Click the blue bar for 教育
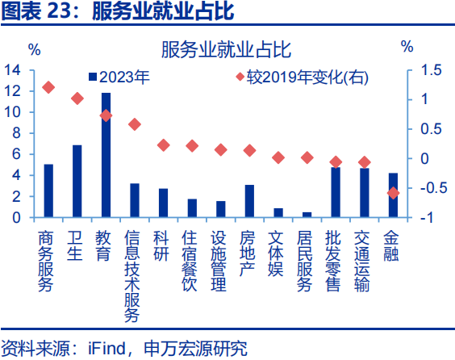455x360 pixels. (106, 155)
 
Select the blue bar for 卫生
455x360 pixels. (77, 181)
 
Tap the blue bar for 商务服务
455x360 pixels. (48, 190)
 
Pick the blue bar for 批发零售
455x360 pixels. (335, 192)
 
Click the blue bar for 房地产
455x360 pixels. (249, 201)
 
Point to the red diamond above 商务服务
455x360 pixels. (48, 87)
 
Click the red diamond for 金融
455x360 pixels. (393, 193)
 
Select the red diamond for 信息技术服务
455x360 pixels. (135, 124)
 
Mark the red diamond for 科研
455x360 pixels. (163, 145)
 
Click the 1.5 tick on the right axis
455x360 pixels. (432, 70)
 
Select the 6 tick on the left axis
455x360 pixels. (16, 154)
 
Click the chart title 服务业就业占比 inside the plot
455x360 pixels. (227, 51)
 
